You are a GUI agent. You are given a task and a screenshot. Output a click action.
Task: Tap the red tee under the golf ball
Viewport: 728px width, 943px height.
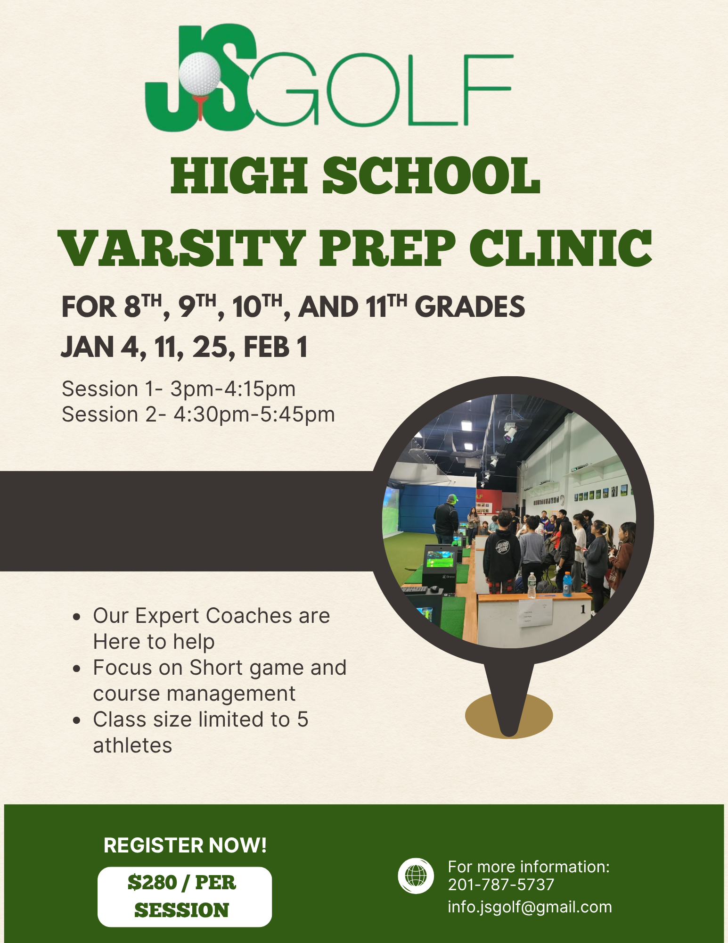click(x=201, y=107)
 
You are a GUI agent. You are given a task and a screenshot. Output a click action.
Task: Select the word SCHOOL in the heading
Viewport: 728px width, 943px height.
click(x=431, y=176)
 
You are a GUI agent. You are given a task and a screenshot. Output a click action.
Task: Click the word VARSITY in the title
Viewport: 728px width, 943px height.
click(x=181, y=248)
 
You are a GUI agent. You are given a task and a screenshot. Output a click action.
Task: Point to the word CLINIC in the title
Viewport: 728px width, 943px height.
click(x=560, y=248)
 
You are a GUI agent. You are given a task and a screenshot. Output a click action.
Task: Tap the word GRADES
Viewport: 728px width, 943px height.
click(x=470, y=307)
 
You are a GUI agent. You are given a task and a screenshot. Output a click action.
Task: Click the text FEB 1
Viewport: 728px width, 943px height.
click(x=275, y=347)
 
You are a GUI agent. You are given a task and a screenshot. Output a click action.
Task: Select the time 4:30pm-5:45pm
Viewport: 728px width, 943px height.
click(x=254, y=414)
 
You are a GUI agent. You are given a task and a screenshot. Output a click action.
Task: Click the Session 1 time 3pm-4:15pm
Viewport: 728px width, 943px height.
click(x=233, y=389)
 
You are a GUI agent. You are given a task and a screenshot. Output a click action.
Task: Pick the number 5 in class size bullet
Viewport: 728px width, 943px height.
click(x=303, y=720)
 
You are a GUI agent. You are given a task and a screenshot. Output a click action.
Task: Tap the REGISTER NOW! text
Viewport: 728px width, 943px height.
click(x=185, y=845)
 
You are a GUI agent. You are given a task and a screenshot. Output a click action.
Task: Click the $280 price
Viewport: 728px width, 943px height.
click(x=152, y=882)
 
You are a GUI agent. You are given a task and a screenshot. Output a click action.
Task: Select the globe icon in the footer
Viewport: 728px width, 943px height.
click(x=416, y=876)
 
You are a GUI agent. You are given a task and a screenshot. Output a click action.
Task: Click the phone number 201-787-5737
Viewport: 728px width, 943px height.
click(x=501, y=885)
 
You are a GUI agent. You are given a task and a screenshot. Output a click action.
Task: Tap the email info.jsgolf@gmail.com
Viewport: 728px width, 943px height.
click(x=530, y=907)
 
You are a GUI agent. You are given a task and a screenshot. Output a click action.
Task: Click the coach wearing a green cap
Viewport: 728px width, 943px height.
click(x=447, y=519)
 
